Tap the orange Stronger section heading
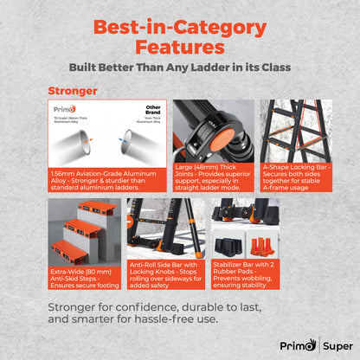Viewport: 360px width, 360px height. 72,89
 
